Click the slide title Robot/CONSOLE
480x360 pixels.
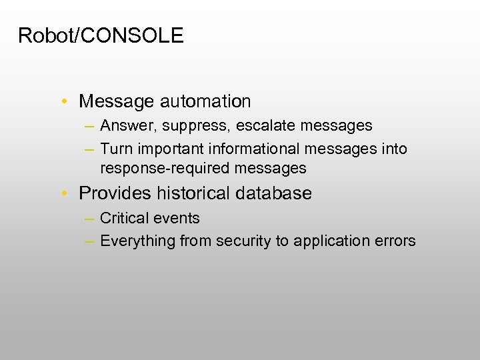pyautogui.click(x=101, y=35)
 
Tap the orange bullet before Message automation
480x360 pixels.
pyautogui.click(x=62, y=102)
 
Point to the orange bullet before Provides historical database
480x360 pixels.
pyautogui.click(x=62, y=194)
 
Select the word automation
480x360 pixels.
pyautogui.click(x=205, y=101)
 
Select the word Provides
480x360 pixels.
pyautogui.click(x=115, y=193)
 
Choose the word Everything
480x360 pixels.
pyautogui.click(x=137, y=241)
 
